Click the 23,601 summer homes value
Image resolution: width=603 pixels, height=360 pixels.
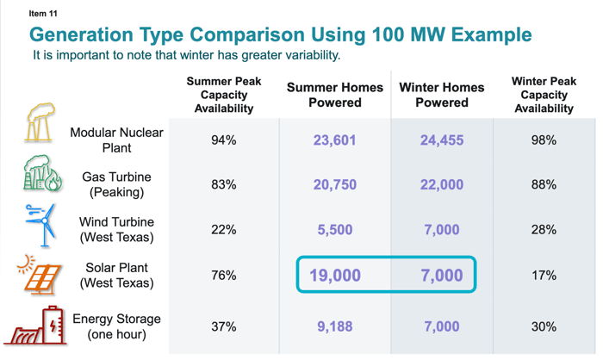click(334, 140)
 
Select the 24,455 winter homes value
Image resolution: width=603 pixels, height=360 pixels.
click(441, 140)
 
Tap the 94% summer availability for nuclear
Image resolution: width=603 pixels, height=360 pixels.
click(224, 140)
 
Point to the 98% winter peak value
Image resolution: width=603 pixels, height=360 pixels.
click(544, 140)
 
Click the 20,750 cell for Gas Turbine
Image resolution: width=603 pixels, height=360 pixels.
click(334, 185)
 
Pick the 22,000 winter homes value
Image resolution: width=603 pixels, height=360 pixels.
click(441, 185)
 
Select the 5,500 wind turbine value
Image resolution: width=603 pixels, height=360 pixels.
click(334, 230)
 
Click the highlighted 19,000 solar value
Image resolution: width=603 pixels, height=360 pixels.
click(334, 276)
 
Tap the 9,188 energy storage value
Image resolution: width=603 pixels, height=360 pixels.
click(334, 327)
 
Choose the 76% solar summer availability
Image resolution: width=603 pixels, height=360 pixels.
click(224, 276)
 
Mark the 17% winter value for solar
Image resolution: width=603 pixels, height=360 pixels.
click(544, 276)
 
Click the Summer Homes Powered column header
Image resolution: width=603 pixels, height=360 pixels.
click(335, 95)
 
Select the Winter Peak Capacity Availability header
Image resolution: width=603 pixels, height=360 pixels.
click(544, 95)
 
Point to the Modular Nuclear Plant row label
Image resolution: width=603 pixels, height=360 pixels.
click(116, 140)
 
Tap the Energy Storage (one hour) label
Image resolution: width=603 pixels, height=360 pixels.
click(116, 327)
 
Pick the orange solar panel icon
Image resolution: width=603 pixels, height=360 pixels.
click(38, 276)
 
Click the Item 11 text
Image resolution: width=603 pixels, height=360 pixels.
click(44, 14)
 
